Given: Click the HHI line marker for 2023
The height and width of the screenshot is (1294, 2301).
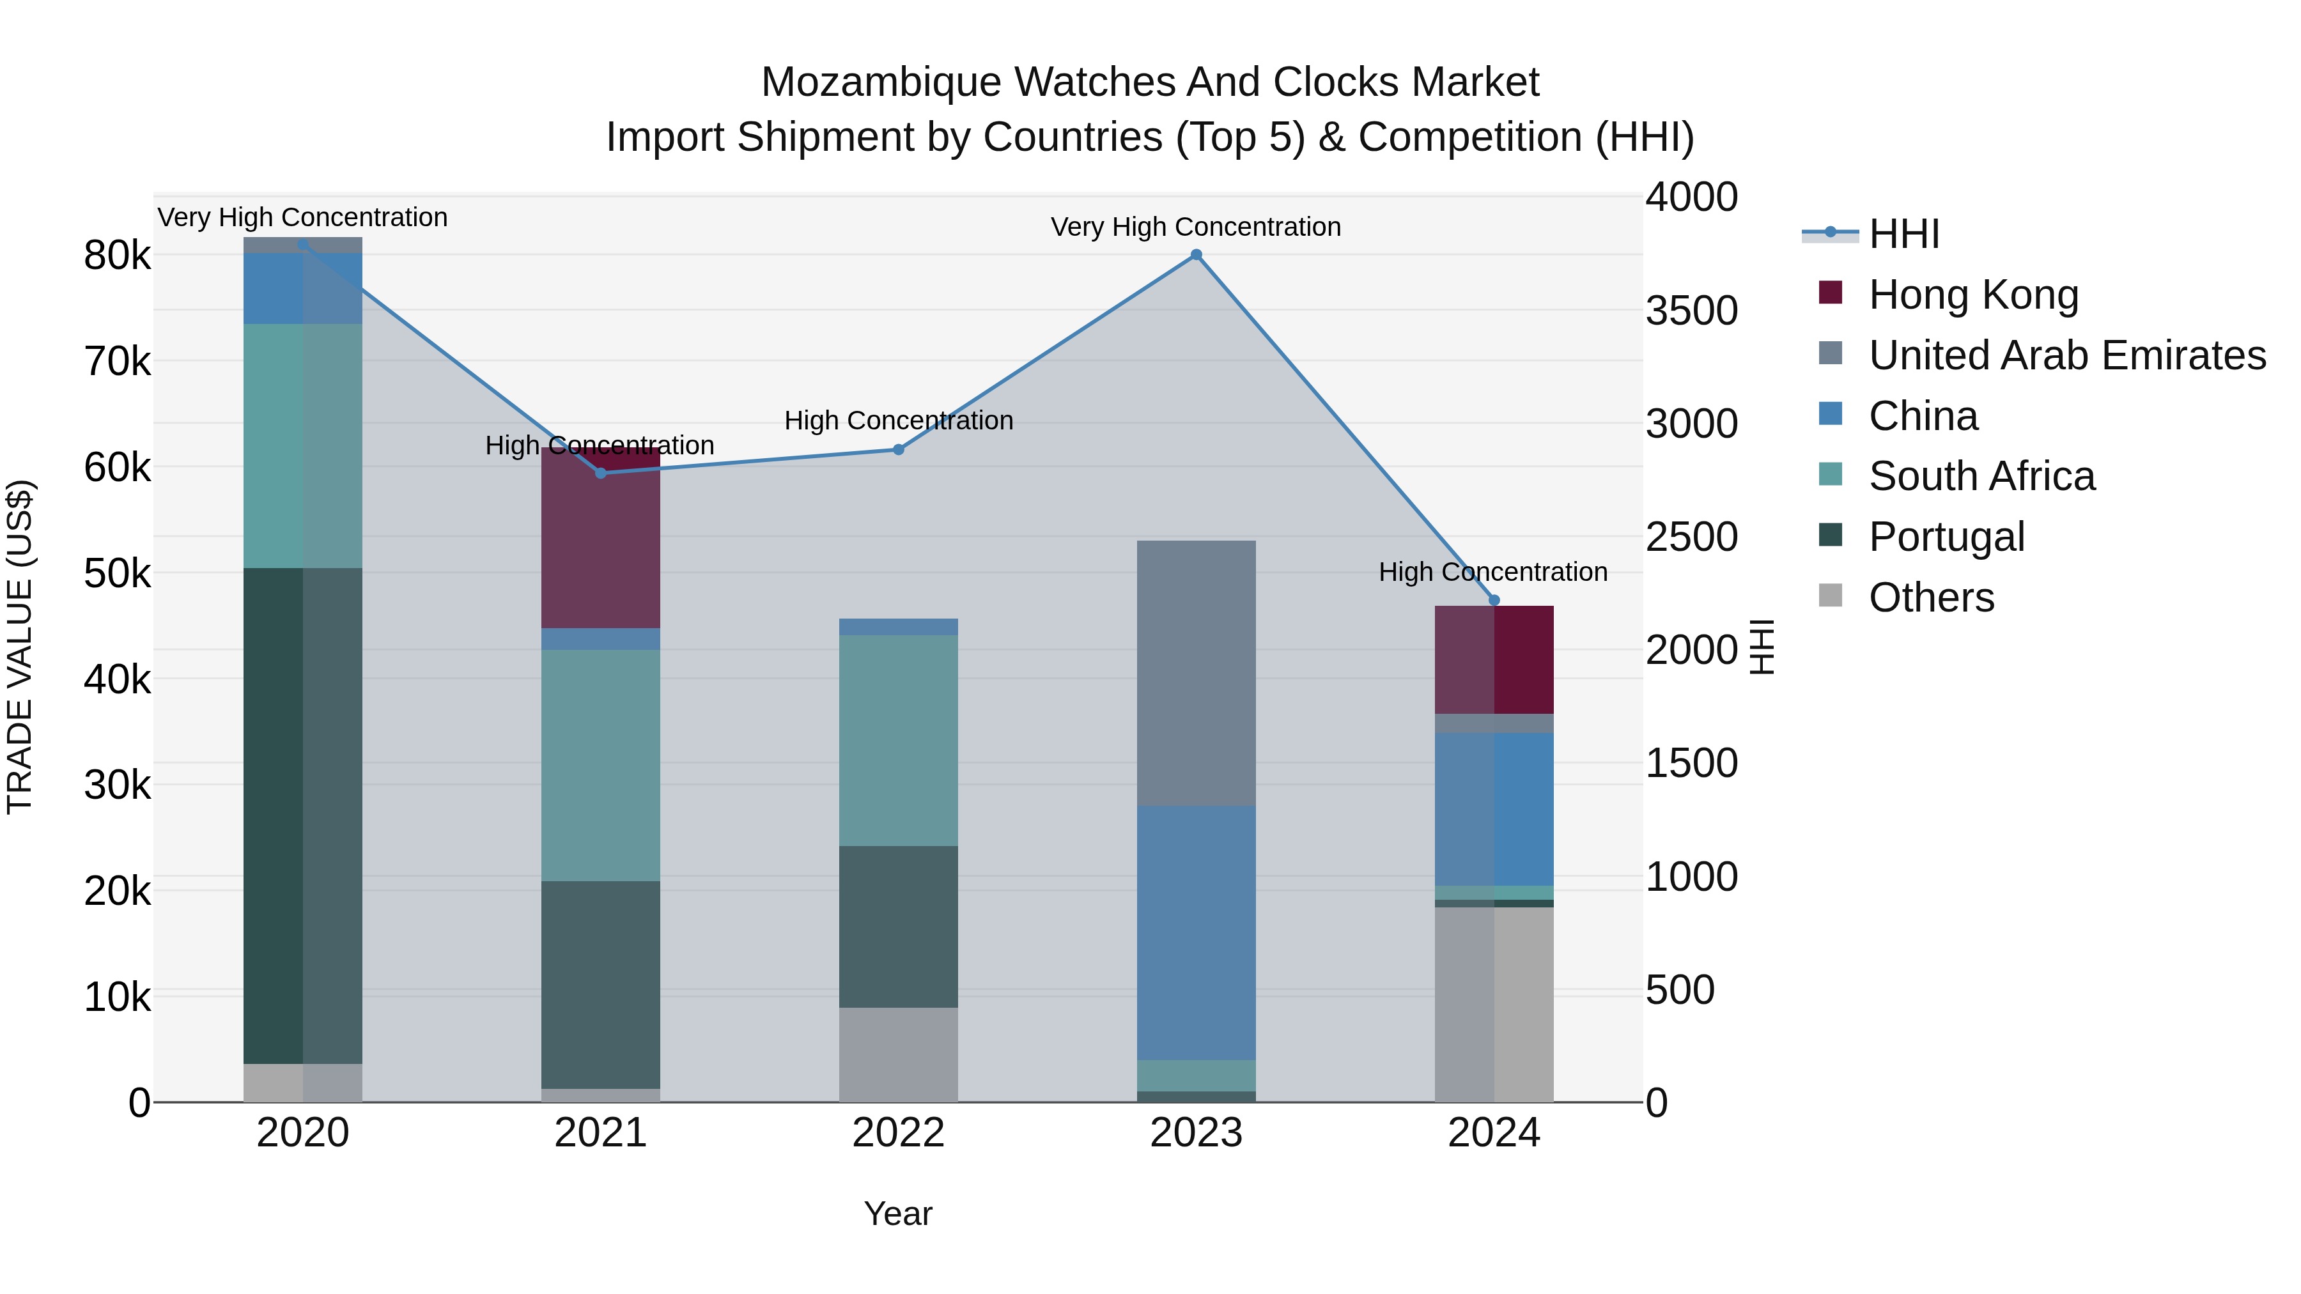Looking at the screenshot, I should [1196, 254].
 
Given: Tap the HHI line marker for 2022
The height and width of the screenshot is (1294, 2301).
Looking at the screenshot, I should [899, 449].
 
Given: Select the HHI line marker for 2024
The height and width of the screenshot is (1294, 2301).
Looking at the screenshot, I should [1494, 600].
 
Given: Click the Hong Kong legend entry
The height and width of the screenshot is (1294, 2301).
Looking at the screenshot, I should [1973, 295].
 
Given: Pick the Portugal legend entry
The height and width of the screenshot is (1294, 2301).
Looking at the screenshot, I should [1946, 537].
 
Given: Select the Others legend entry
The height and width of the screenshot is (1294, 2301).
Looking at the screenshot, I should [1931, 597].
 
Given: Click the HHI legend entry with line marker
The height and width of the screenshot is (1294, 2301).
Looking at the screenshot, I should [1903, 234].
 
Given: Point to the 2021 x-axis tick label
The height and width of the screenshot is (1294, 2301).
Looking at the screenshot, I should [600, 1133].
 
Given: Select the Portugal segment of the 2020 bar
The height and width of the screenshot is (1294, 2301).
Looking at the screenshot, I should [303, 815].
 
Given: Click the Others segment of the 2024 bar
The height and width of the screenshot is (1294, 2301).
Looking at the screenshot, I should [1494, 1004].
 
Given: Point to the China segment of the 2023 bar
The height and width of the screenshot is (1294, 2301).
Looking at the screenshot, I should [1196, 932].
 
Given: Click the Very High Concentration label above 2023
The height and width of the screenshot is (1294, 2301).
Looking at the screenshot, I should [1195, 227].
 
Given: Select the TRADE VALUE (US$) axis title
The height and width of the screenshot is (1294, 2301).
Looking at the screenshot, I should [20, 647].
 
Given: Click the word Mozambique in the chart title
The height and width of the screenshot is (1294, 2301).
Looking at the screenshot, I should [881, 82].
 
